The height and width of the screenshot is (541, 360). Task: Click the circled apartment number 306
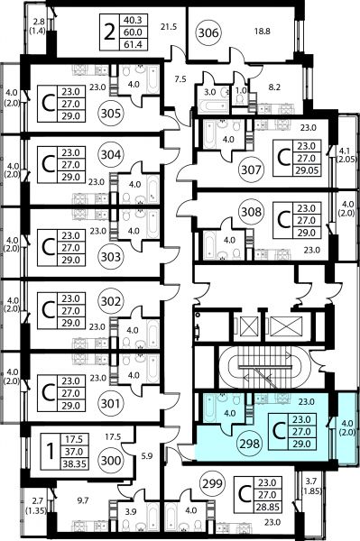(x=208, y=32)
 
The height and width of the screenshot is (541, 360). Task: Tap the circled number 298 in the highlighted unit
(x=249, y=444)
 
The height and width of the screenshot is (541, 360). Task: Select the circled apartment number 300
(x=111, y=461)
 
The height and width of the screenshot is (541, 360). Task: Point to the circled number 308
(x=251, y=212)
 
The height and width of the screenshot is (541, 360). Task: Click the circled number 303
(x=111, y=257)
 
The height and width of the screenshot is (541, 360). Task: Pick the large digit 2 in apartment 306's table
(x=109, y=32)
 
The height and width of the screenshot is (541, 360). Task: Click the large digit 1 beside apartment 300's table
(x=51, y=452)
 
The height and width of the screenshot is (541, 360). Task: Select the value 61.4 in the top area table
(x=133, y=44)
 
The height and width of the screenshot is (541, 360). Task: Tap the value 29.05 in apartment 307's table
(x=307, y=170)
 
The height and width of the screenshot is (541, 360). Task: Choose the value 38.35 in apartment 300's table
(x=74, y=464)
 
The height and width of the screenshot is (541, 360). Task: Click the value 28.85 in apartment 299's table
(x=267, y=507)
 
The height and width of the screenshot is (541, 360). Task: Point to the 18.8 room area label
(x=263, y=32)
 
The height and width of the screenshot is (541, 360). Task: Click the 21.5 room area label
(x=169, y=26)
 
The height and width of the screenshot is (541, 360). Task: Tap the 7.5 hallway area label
(x=180, y=79)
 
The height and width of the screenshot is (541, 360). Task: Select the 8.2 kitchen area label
(x=274, y=87)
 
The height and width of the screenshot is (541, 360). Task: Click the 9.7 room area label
(x=83, y=500)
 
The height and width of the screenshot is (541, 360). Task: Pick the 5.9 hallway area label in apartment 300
(x=147, y=455)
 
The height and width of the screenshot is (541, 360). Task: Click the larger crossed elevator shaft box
(x=286, y=326)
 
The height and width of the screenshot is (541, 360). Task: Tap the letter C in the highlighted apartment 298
(x=279, y=431)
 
